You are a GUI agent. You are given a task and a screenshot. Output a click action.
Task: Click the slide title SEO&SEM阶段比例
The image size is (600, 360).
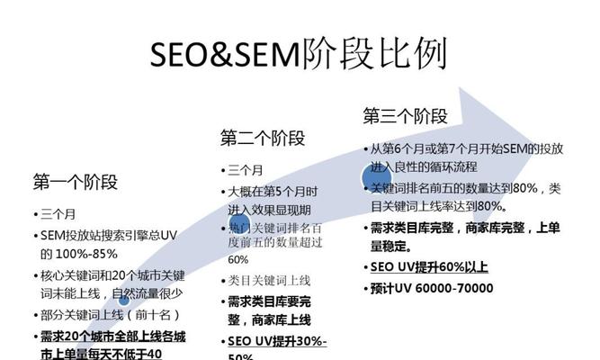click(300, 56)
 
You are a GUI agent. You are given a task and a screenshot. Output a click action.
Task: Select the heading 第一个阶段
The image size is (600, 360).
click(76, 182)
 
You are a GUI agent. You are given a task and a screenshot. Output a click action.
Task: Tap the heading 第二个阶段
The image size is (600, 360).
click(263, 138)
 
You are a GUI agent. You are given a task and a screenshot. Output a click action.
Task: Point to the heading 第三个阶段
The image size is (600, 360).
click(405, 115)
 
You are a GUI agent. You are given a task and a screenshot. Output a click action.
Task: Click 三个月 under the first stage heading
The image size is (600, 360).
click(58, 214)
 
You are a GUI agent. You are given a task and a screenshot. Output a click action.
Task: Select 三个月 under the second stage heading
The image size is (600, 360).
click(246, 170)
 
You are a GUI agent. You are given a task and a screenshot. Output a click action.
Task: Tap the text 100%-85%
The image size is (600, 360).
click(81, 254)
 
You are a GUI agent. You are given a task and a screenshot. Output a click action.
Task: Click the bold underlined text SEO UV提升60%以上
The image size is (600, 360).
click(429, 267)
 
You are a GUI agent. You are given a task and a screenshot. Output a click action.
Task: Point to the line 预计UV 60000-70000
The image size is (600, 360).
click(432, 288)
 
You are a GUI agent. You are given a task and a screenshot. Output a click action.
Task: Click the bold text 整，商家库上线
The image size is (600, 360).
click(269, 319)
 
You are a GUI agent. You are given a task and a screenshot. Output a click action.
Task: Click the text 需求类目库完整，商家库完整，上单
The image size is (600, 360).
click(467, 228)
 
